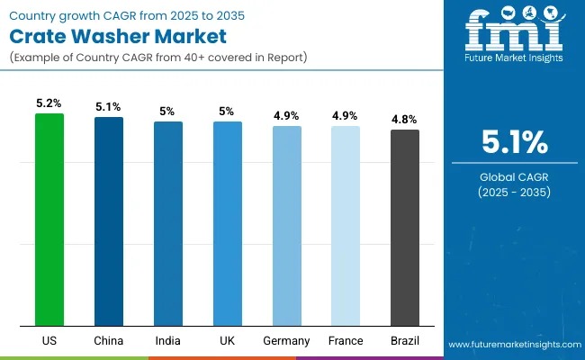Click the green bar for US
(49, 220)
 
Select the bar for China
(109, 221)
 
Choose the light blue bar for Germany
(286, 226)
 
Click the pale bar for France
(346, 226)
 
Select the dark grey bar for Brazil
(405, 228)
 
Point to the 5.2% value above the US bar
(49, 103)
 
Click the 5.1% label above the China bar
(109, 107)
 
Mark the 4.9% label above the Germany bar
(286, 116)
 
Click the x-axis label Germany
(286, 341)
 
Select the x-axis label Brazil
(405, 341)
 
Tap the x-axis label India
(168, 341)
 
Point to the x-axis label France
(346, 341)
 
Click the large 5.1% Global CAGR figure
(514, 141)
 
